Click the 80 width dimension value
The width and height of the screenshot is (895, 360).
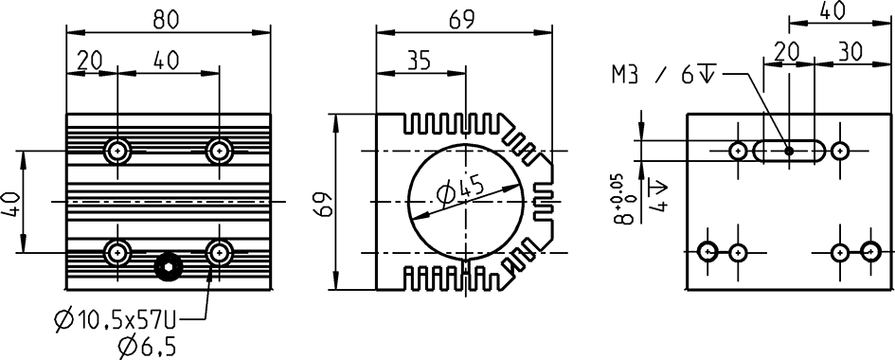click(168, 16)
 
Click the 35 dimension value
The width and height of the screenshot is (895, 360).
click(419, 60)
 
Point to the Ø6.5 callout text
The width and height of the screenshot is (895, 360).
click(148, 347)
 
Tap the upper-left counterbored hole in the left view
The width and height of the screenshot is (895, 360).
click(117, 150)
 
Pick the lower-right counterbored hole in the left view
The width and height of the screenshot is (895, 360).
click(220, 252)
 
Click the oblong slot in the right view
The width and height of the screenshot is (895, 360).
click(788, 151)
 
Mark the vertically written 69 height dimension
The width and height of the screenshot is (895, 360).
click(324, 203)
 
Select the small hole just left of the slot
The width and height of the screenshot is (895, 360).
click(738, 151)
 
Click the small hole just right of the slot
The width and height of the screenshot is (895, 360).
click(839, 151)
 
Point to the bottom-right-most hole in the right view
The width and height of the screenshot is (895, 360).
click(870, 251)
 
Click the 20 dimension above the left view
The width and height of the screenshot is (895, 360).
click(89, 60)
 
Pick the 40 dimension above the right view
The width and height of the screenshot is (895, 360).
click(832, 10)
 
